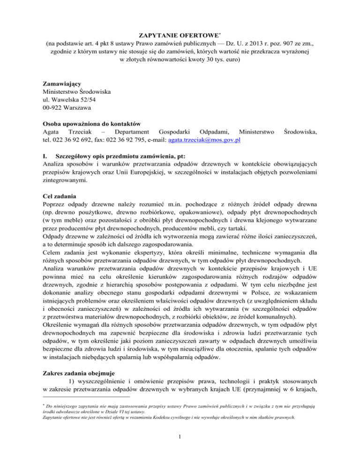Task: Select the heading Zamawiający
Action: coord(63,84)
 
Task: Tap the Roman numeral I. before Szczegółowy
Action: coord(45,156)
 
